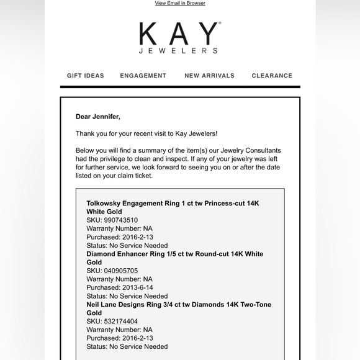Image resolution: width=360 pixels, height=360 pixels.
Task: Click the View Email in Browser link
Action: (180, 3)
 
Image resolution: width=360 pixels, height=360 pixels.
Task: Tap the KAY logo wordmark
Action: (179, 34)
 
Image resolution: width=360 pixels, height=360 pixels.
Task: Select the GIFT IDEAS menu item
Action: (86, 76)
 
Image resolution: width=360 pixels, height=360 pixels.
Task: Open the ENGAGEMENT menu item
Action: (143, 76)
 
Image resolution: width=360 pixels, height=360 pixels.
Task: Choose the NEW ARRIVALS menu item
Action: (209, 76)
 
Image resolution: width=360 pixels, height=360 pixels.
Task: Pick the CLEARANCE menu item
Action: (272, 76)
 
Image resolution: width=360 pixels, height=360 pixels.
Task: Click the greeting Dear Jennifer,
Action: (98, 116)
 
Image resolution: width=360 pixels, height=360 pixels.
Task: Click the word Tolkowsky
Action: (106, 203)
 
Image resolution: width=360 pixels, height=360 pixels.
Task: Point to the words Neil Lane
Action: (101, 305)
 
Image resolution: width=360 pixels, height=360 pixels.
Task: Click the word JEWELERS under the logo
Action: (179, 51)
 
